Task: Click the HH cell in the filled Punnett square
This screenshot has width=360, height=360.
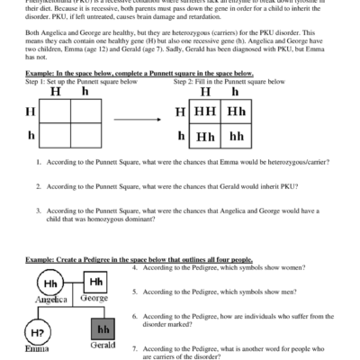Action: [203, 112]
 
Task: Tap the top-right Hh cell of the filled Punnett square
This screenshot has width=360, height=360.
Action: [237, 112]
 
